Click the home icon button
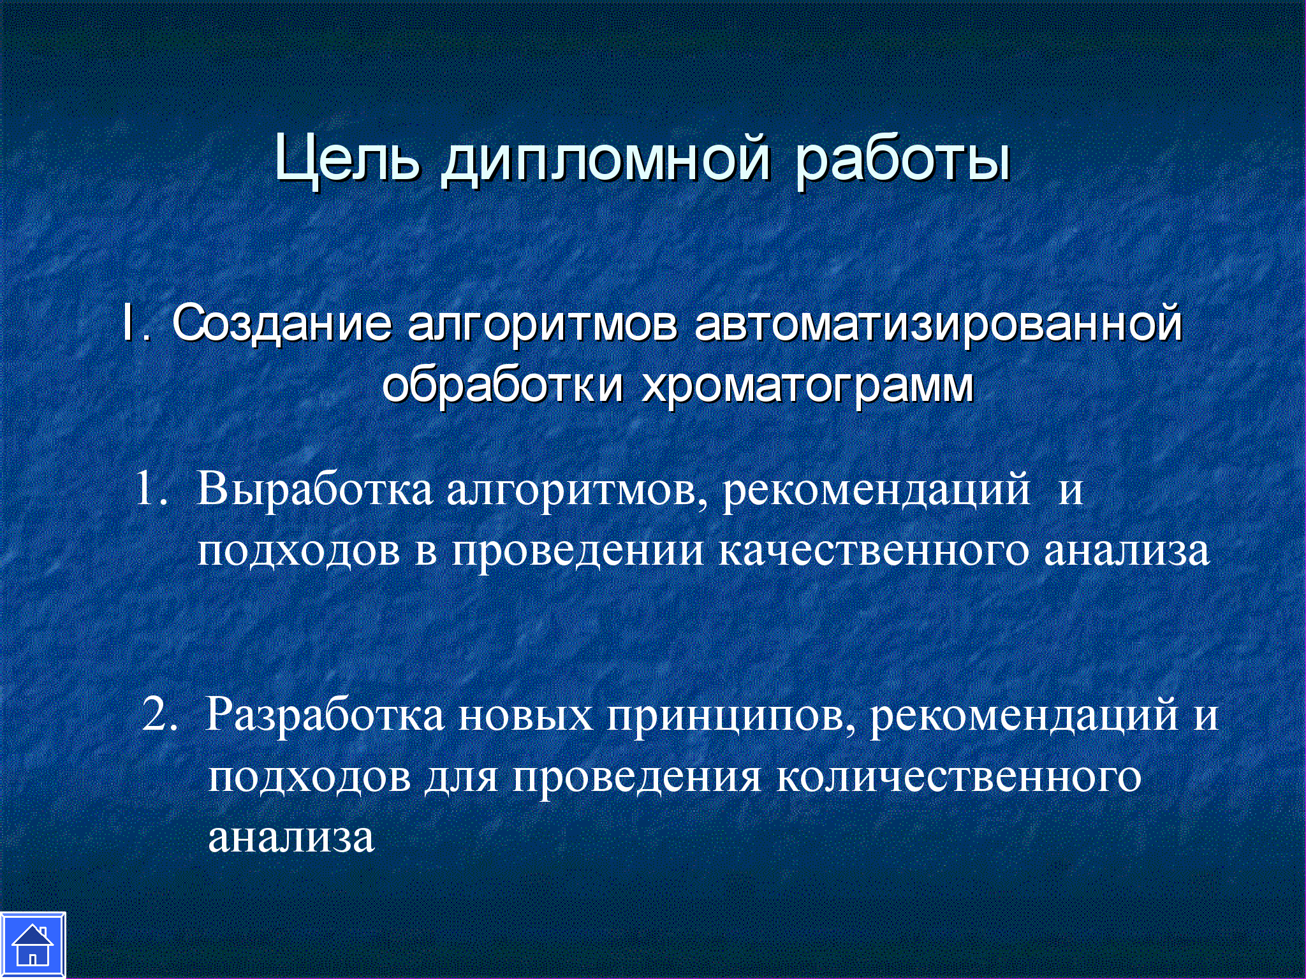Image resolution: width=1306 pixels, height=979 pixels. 33,945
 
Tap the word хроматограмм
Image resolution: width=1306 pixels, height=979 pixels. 808,388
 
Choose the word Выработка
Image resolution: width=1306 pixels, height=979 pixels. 314,489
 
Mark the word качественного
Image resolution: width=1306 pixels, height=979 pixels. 874,550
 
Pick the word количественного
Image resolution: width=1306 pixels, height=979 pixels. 959,776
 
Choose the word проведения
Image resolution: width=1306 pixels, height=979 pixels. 637,778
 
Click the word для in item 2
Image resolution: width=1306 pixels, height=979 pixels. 461,778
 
